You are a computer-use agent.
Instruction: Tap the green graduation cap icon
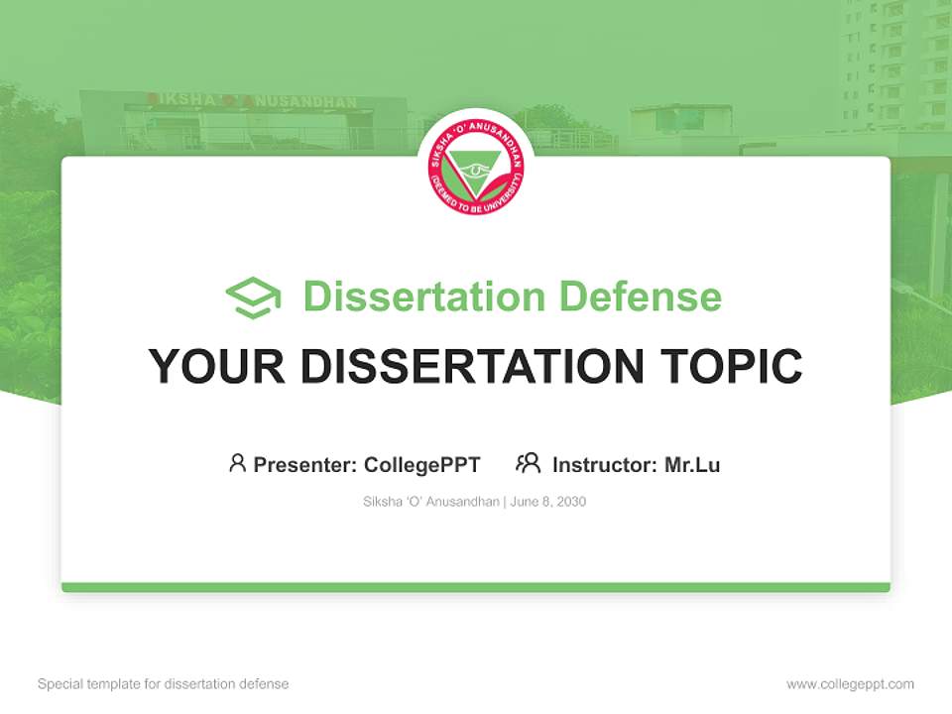pyautogui.click(x=253, y=297)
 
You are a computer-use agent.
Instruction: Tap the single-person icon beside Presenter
pyautogui.click(x=237, y=463)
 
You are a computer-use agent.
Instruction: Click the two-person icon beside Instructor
pyautogui.click(x=528, y=463)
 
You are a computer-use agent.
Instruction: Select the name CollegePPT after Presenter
pyautogui.click(x=422, y=464)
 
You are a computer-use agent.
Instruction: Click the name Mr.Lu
pyautogui.click(x=692, y=464)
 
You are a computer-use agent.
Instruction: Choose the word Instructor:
pyautogui.click(x=605, y=464)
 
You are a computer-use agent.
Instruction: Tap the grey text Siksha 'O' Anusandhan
pyautogui.click(x=431, y=502)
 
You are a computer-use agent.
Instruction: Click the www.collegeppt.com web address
pyautogui.click(x=850, y=684)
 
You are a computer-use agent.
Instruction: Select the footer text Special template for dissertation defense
pyautogui.click(x=164, y=684)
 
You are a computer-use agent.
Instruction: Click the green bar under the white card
pyautogui.click(x=476, y=587)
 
